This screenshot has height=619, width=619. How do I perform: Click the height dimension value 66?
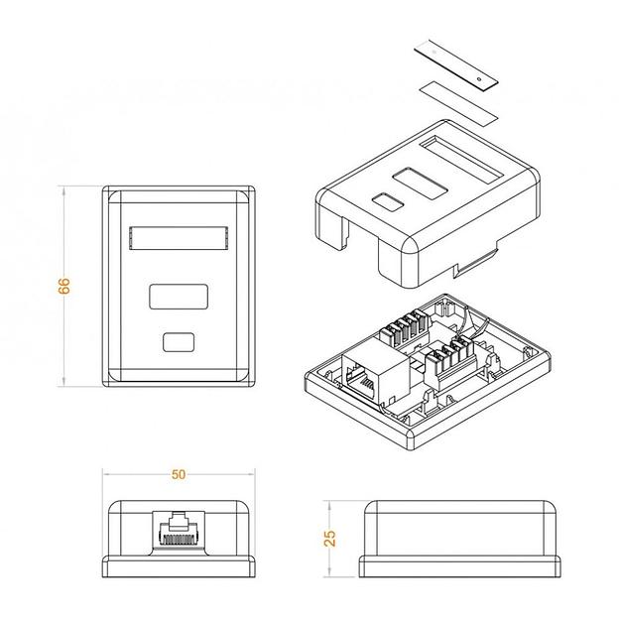tap(63, 286)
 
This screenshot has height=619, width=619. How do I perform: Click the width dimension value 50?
tap(179, 474)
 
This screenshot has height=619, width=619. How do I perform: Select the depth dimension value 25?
tap(329, 539)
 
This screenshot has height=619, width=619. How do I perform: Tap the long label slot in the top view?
tap(179, 238)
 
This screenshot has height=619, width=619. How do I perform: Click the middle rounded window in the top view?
tap(179, 297)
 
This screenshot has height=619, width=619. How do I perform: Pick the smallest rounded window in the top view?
tap(179, 342)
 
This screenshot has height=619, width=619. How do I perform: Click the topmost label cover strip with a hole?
tap(456, 65)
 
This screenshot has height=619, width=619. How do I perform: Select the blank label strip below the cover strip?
tap(458, 103)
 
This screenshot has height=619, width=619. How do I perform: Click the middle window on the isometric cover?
tap(421, 184)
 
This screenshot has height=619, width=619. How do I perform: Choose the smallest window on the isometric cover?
tap(388, 201)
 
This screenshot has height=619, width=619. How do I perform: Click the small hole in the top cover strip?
tap(479, 79)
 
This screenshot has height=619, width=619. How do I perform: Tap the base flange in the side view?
tap(460, 566)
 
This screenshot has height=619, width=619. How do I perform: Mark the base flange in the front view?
tap(179, 566)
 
